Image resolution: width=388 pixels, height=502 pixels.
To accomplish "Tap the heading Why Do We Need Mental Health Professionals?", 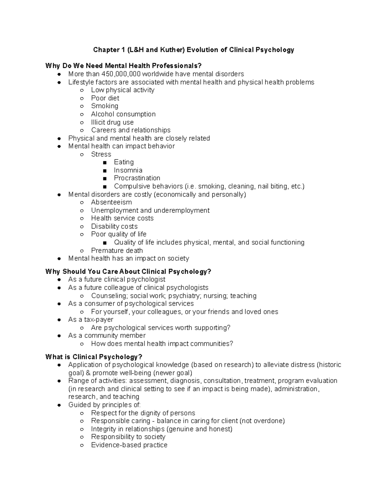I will point(124,66).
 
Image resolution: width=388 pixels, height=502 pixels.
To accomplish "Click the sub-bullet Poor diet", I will point(105,98).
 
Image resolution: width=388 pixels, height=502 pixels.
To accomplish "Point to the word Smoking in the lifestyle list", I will point(104,106).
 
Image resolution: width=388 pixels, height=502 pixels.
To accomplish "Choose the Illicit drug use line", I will point(112,122).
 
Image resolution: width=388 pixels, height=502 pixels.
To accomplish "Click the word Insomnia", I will point(128,170).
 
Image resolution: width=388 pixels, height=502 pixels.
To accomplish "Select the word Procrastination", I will point(137,178).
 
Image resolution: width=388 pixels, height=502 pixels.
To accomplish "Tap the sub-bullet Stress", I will point(101,154).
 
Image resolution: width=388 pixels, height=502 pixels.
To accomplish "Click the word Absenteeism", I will point(111,202).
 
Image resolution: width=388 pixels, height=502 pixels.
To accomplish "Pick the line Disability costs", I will point(114,226).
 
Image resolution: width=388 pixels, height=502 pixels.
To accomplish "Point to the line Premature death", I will point(117,251).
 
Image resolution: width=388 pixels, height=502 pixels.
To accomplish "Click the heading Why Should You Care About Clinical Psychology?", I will point(128,272).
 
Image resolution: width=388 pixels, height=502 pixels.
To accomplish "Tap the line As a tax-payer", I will point(91,320).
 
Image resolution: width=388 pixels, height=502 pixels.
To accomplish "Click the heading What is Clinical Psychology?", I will point(94,357).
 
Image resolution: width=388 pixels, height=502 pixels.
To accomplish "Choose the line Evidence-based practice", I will point(129,445).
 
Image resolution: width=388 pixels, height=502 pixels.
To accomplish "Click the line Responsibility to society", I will point(128,437).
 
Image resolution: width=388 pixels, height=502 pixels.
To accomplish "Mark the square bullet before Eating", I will point(104,163).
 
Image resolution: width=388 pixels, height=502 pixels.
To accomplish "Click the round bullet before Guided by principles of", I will point(59,405).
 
